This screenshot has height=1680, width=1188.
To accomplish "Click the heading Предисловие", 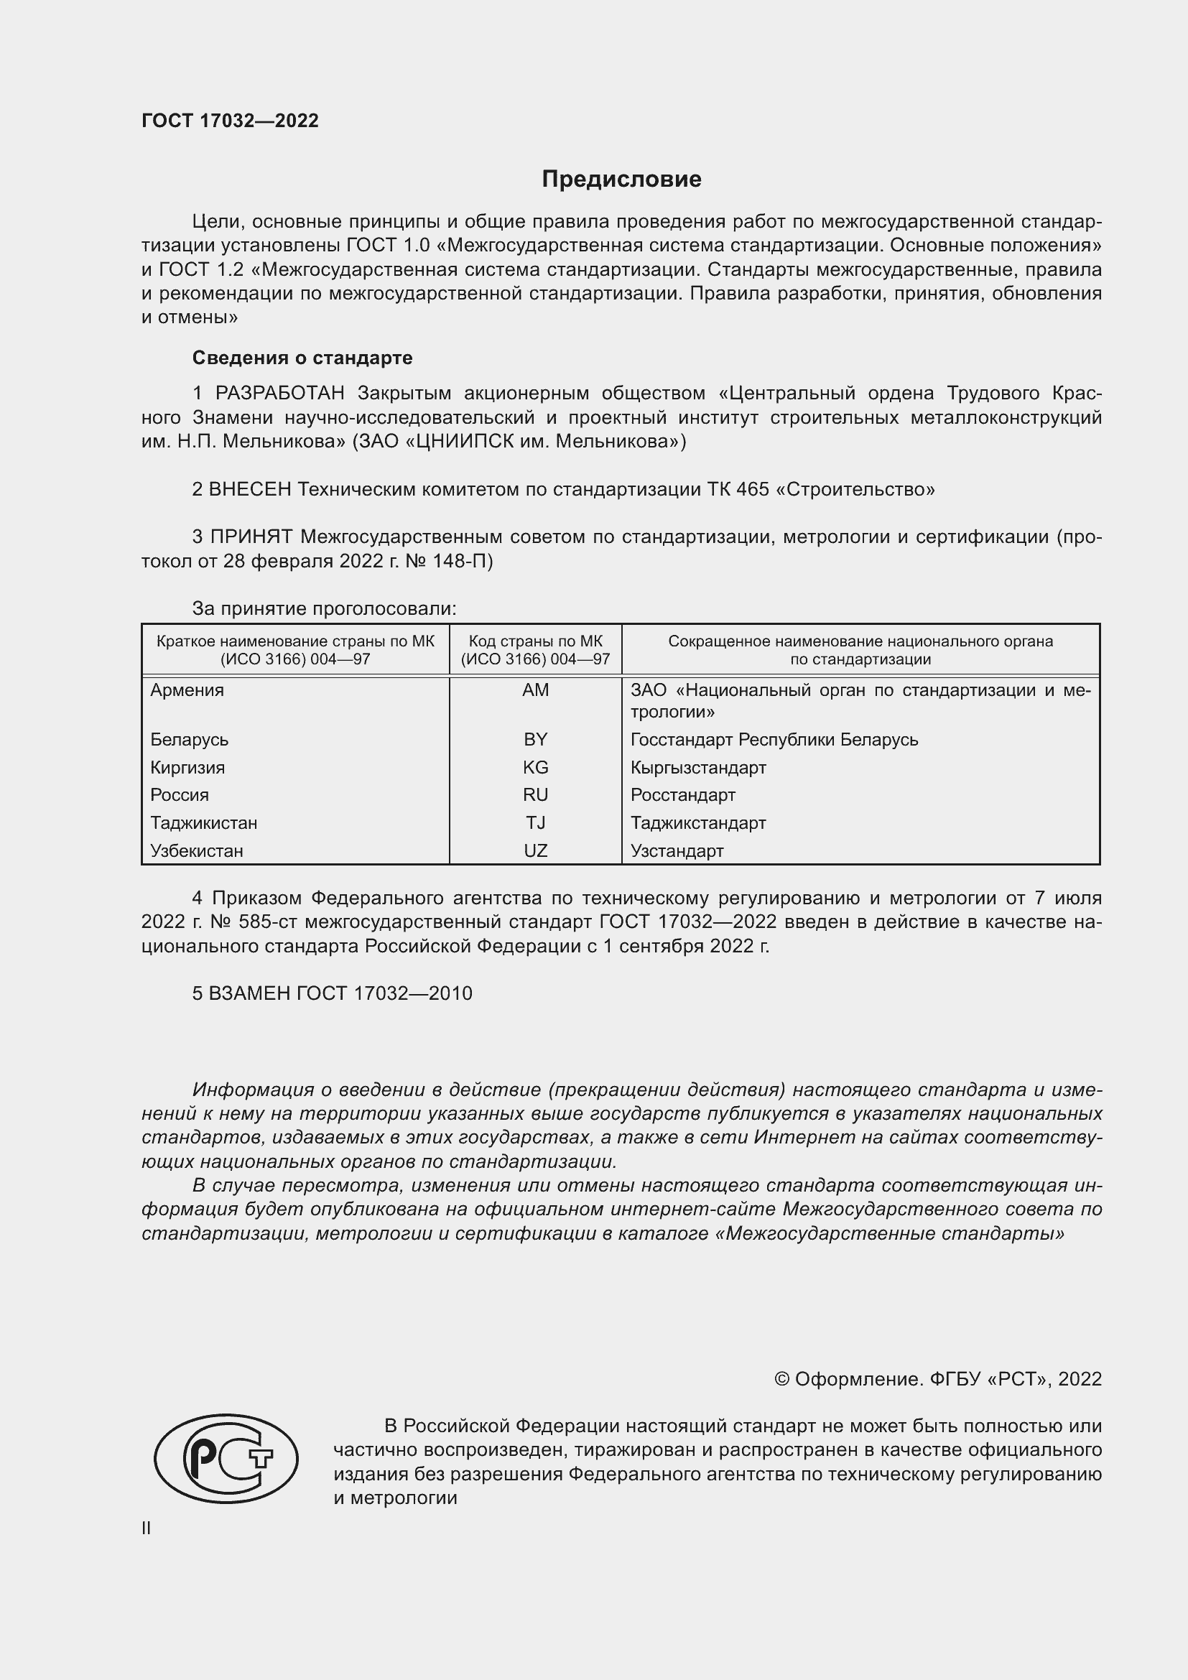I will [621, 180].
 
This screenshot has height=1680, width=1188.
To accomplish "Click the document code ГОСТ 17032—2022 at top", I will [230, 121].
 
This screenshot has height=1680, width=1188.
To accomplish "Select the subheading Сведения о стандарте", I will [302, 358].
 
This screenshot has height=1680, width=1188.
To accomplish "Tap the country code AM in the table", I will [536, 690].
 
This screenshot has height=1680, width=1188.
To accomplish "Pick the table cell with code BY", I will [536, 739].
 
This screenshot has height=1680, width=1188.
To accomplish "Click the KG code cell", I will [536, 768].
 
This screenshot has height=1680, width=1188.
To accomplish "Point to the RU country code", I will [536, 794].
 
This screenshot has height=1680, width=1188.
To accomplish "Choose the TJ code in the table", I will [536, 822].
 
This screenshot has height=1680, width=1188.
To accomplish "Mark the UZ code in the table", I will [536, 850].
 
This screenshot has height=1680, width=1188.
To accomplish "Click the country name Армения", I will [187, 690].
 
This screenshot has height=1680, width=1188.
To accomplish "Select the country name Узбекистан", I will [197, 850].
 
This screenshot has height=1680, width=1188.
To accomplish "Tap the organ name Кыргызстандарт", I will [698, 768].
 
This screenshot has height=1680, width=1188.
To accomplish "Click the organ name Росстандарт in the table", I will [682, 794].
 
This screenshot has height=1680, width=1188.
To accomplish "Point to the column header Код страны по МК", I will [536, 641].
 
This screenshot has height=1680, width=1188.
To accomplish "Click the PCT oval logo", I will [226, 1457].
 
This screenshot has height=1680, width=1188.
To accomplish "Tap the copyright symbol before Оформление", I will [781, 1379].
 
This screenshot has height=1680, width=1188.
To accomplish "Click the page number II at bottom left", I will [147, 1528].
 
